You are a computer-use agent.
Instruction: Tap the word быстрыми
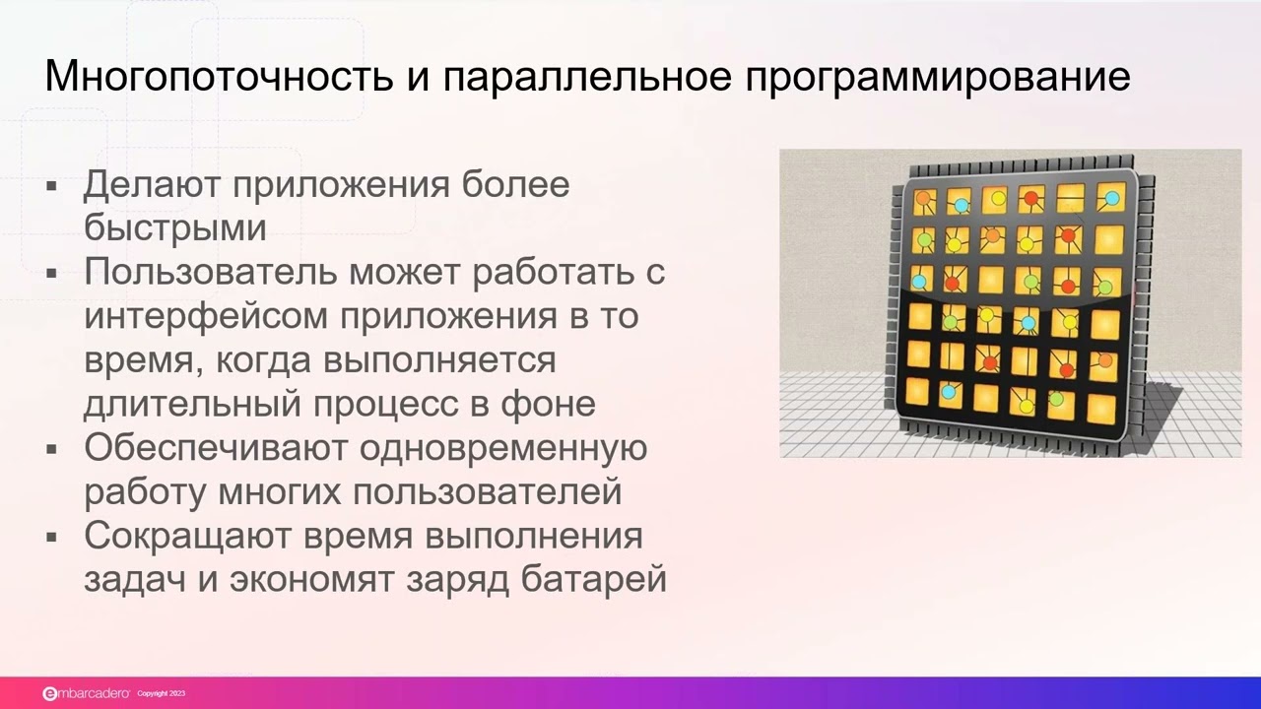(x=175, y=228)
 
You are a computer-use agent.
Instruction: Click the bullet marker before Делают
(x=52, y=185)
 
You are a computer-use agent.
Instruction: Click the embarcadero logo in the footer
(x=85, y=693)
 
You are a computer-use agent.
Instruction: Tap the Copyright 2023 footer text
(x=161, y=694)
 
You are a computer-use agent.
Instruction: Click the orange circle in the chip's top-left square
(x=923, y=199)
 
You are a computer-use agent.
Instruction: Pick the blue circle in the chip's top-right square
(x=1111, y=199)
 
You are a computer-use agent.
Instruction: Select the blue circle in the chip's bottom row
(x=948, y=392)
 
